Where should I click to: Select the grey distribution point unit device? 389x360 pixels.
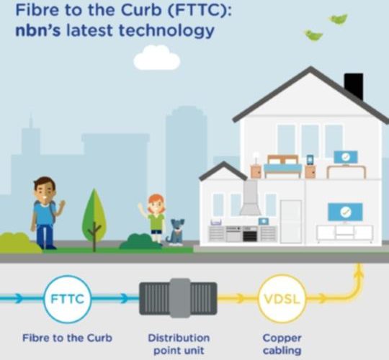[x=178, y=298]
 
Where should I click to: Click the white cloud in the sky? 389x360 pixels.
[x=157, y=58]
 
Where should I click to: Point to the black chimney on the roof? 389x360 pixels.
[x=354, y=86]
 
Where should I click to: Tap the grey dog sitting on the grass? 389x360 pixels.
[x=176, y=232]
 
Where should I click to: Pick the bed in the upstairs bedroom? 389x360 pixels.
[x=283, y=166]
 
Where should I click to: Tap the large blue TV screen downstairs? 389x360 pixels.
[x=345, y=212]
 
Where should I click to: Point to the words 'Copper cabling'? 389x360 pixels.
[x=282, y=344]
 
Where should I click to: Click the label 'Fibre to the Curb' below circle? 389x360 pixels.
[x=67, y=338]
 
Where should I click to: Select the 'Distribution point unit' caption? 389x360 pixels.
[x=179, y=344]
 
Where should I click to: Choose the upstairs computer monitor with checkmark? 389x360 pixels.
[x=346, y=157]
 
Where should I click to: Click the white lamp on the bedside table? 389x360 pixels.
[x=256, y=158]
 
